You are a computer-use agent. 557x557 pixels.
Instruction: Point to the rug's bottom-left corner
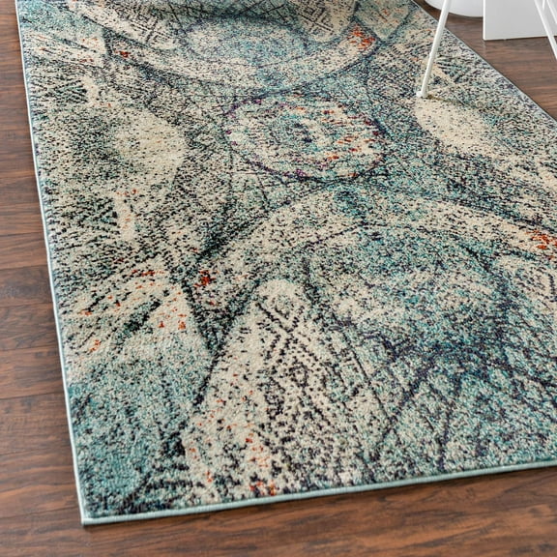(86, 520)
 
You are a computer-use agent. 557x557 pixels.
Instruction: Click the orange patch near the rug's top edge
(363, 38)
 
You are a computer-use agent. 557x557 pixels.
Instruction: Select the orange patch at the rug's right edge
(543, 240)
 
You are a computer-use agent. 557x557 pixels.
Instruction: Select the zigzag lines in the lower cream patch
(261, 387)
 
